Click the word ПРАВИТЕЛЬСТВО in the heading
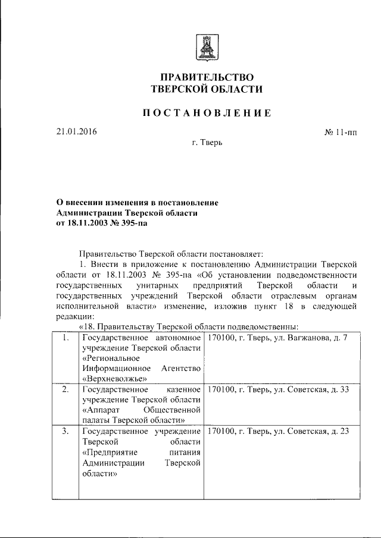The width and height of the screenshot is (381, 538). pyautogui.click(x=207, y=77)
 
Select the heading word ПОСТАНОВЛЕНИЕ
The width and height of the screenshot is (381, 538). pyautogui.click(x=207, y=113)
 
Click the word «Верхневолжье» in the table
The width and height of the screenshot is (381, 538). pyautogui.click(x=115, y=378)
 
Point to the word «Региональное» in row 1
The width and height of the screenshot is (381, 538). pyautogui.click(x=111, y=358)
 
